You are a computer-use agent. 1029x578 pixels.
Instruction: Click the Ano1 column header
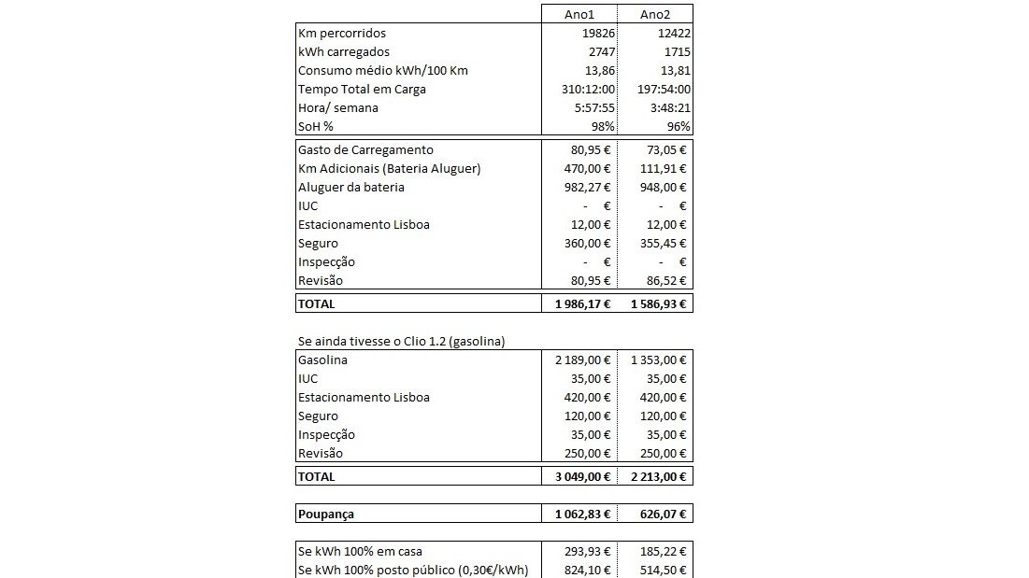coord(579,14)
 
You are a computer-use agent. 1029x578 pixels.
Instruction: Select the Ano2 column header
coord(654,14)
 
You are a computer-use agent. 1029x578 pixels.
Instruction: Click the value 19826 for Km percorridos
coord(594,34)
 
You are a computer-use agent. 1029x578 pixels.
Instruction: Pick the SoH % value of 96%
coord(679,127)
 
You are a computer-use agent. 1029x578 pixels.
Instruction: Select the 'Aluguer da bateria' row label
coord(352,188)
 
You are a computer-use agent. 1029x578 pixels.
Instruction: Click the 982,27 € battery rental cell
coord(584,188)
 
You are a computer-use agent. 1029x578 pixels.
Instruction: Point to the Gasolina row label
coord(323,360)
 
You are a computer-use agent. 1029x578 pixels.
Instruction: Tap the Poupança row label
coord(325,514)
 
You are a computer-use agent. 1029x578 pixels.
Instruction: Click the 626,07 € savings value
coord(660,514)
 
